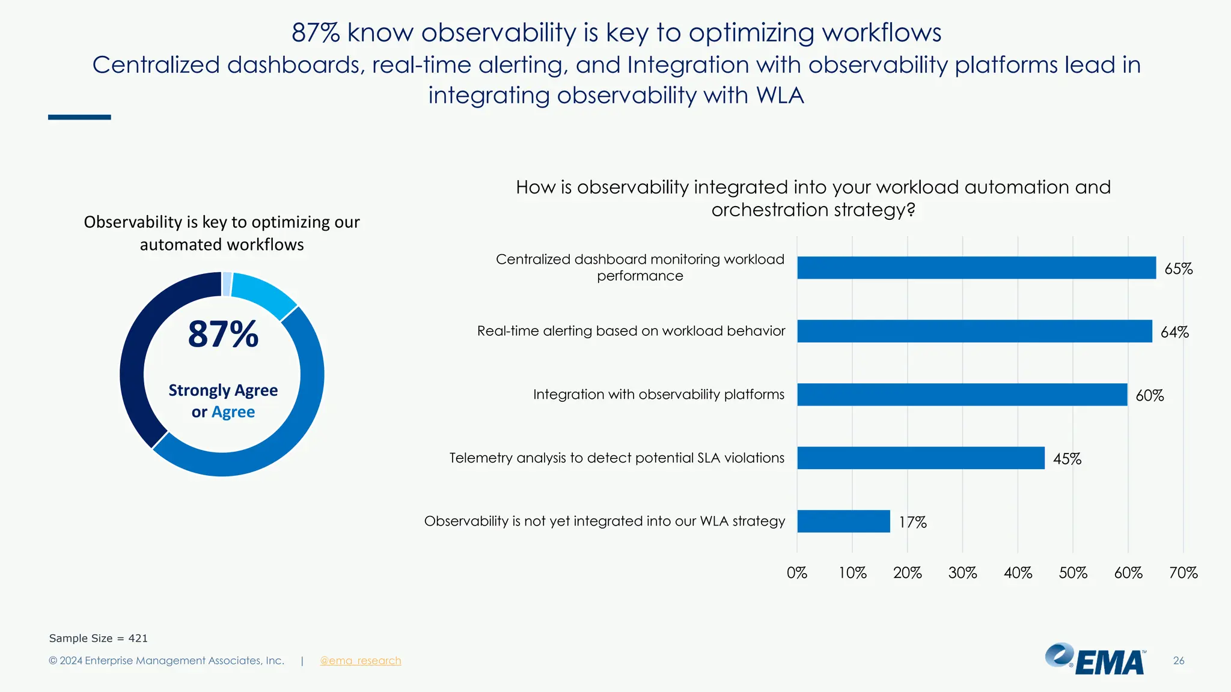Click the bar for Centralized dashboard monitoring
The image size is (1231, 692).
pos(976,268)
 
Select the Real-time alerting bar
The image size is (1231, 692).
pos(974,331)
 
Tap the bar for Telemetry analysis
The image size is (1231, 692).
pos(920,458)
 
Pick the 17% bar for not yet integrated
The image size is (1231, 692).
pos(843,521)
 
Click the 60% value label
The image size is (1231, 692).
pos(1149,396)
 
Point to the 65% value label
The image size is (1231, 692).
pos(1178,269)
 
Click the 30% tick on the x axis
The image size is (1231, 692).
pos(962,573)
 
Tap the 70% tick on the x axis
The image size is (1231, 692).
pos(1183,573)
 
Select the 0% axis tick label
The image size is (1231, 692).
pos(797,573)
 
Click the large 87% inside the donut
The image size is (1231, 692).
pos(223,335)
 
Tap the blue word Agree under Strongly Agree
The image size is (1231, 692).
pos(233,412)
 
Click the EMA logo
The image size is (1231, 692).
pos(1095,660)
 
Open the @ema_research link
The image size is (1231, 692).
pos(360,661)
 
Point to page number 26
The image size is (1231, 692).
pos(1178,661)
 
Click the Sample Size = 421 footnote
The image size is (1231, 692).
pos(98,639)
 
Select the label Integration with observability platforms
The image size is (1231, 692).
pos(658,395)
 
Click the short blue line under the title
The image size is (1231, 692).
pos(79,117)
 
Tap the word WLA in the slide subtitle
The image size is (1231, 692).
pos(780,96)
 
